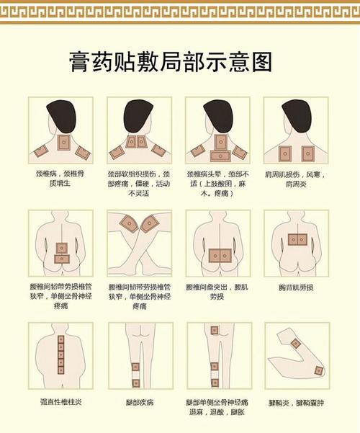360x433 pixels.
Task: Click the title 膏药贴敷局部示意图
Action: click(x=171, y=61)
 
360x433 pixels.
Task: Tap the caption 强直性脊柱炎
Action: click(x=60, y=401)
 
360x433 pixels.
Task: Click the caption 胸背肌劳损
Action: click(x=296, y=287)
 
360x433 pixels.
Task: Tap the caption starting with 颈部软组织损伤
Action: click(x=139, y=184)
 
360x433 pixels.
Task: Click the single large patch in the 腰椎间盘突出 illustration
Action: click(x=218, y=254)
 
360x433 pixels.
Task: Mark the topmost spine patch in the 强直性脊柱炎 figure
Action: click(x=60, y=339)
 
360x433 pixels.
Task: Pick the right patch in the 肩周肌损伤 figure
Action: click(x=307, y=153)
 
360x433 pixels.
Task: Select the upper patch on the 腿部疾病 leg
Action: click(x=135, y=367)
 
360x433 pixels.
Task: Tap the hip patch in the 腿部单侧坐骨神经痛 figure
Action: click(x=215, y=331)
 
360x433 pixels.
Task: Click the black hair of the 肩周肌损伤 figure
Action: click(x=296, y=115)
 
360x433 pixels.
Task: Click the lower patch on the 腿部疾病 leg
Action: click(x=135, y=383)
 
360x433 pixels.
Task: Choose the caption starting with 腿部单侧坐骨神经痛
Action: click(x=217, y=406)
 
